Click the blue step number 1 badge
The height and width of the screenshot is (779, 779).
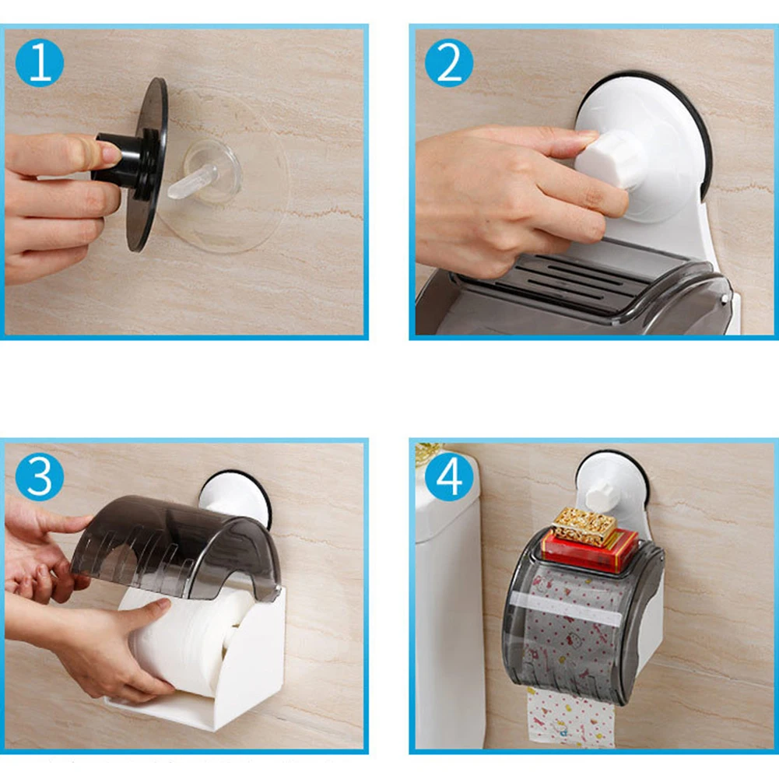tap(40, 63)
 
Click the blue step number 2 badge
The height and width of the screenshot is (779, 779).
tap(449, 63)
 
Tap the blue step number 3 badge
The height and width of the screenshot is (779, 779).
tap(40, 477)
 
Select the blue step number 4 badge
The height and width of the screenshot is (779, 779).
tap(449, 477)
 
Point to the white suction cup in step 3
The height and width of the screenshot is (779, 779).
tap(234, 497)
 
